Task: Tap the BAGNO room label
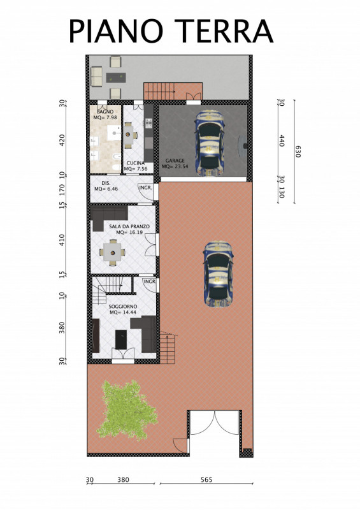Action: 105,112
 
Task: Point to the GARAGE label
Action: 175,161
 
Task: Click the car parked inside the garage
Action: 210,143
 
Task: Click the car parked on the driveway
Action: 218,275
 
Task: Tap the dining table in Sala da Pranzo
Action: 113,252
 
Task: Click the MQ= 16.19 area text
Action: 129,232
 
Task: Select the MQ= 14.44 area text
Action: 122,312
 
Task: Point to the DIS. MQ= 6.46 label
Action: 106,186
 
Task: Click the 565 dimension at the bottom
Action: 206,480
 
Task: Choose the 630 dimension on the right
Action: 298,152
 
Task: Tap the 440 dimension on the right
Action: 282,140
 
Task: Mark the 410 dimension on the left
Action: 62,240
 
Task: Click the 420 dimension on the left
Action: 62,140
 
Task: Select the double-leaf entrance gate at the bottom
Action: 215,423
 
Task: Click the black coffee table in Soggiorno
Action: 121,340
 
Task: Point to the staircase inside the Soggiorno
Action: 112,289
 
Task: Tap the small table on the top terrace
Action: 116,77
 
